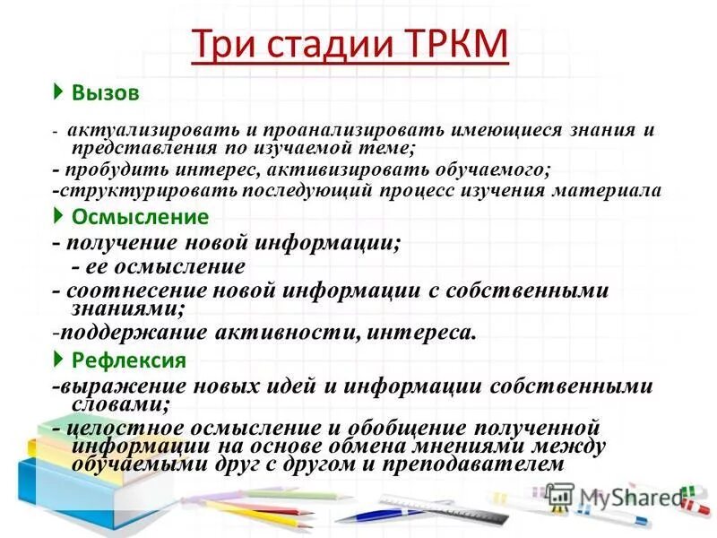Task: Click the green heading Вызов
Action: pyautogui.click(x=106, y=92)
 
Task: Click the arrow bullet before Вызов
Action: pyautogui.click(x=58, y=91)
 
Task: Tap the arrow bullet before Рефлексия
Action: pyautogui.click(x=58, y=360)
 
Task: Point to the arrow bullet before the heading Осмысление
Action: pyautogui.click(x=58, y=216)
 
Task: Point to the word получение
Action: pyautogui.click(x=130, y=243)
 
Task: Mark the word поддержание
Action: pyautogui.click(x=134, y=334)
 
